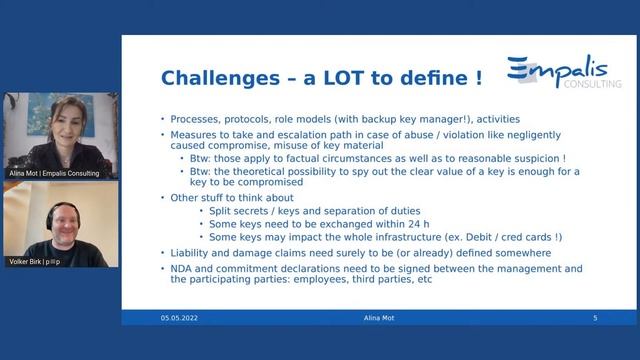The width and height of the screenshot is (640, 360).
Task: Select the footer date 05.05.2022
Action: tap(180, 318)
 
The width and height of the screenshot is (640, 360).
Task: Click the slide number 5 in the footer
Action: tap(595, 318)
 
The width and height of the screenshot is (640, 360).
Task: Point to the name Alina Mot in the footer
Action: tap(378, 318)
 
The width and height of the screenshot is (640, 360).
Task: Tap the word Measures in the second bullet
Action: tap(194, 133)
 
